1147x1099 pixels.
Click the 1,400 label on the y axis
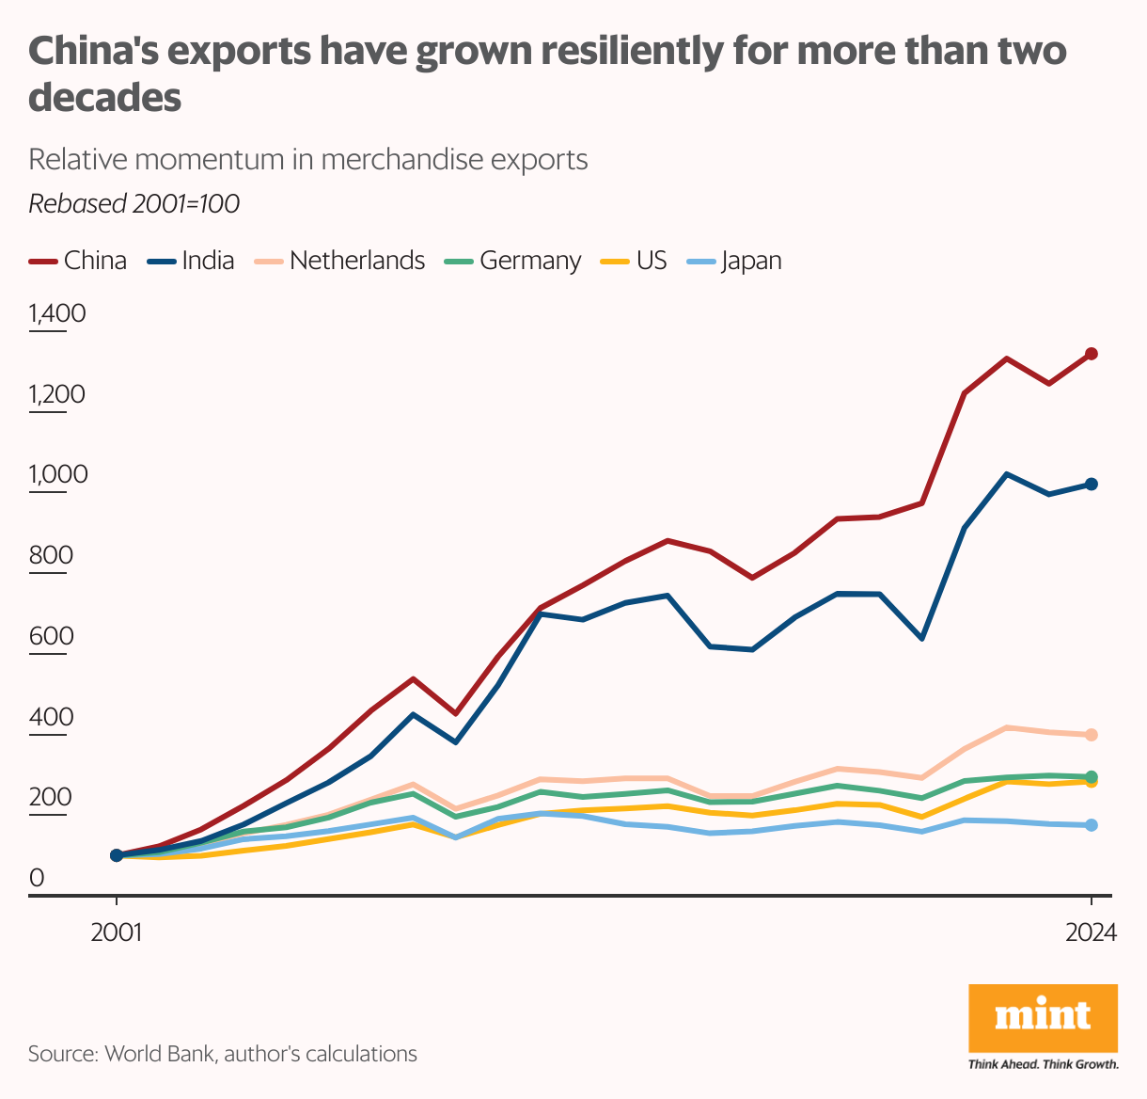click(x=57, y=313)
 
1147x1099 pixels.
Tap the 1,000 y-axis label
click(x=57, y=474)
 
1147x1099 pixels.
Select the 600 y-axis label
click(x=51, y=636)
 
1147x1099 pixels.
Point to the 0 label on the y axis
click(x=37, y=878)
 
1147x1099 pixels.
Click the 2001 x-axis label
click(x=117, y=933)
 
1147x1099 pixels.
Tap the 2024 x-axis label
click(x=1091, y=933)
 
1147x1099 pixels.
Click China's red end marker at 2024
click(x=1092, y=354)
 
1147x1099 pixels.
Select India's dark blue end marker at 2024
click(x=1092, y=484)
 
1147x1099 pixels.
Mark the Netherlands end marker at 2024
click(x=1092, y=735)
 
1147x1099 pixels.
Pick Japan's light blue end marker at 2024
click(x=1092, y=825)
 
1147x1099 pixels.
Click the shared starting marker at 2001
click(x=117, y=855)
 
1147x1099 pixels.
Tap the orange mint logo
click(x=1043, y=1018)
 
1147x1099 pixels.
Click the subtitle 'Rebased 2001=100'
click(x=134, y=203)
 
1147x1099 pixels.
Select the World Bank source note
click(x=222, y=1053)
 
